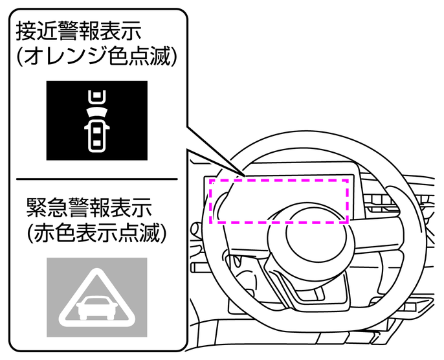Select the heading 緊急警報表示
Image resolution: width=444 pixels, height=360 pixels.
pyautogui.click(x=87, y=207)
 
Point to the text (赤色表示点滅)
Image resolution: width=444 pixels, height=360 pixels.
pyautogui.click(x=96, y=234)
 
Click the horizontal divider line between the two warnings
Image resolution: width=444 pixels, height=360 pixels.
pyautogui.click(x=96, y=179)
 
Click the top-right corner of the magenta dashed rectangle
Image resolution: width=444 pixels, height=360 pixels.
pyautogui.click(x=349, y=180)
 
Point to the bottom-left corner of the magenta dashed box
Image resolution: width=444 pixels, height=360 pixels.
pyautogui.click(x=212, y=222)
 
